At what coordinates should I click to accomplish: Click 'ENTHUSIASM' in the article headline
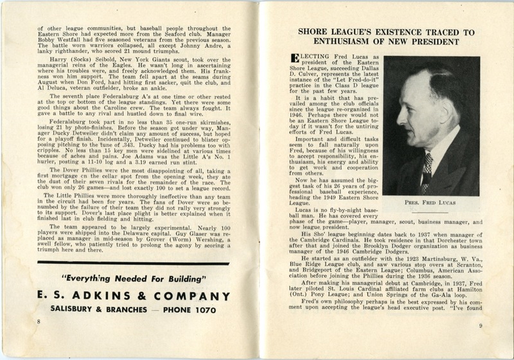pyautogui.click(x=342, y=41)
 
